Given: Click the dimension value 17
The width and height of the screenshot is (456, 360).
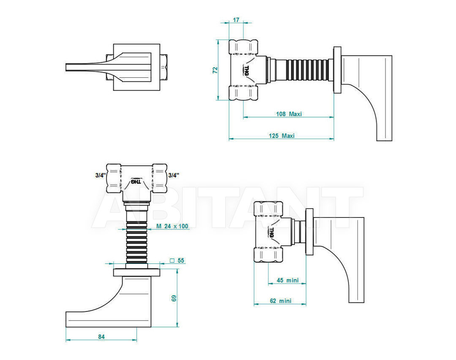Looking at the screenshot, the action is tap(236, 20).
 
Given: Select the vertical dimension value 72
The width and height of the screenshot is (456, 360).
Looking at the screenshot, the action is tap(215, 70).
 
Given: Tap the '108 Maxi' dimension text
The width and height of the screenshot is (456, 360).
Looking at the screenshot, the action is tap(289, 114).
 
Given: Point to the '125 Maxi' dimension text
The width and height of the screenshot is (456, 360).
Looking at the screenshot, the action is tap(281, 136).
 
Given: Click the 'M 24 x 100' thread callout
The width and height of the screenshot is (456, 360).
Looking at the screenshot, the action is tap(172, 226).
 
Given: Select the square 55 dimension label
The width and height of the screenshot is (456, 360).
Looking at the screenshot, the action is tap(177, 261).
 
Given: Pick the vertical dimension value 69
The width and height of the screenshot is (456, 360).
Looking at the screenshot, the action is tap(174, 298).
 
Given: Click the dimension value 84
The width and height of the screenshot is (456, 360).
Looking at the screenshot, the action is tap(101, 337).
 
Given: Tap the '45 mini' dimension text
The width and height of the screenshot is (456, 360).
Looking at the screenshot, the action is tap(288, 280).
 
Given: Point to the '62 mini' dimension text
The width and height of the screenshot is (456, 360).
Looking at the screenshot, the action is tap(280, 301).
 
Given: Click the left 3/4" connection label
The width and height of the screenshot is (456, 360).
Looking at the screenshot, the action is tap(100, 175).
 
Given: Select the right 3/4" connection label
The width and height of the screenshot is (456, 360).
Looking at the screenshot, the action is tap(174, 175).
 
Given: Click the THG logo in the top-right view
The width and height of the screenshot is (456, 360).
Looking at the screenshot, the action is tap(246, 71).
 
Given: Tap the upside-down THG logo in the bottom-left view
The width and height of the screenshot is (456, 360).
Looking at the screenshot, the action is tap(136, 181).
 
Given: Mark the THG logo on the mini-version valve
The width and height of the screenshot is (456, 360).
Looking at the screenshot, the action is tap(271, 233).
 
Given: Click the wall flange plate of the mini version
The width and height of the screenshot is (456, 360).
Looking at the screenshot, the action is tap(309, 232).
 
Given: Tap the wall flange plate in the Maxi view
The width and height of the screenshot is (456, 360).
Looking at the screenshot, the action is tap(337, 70).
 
